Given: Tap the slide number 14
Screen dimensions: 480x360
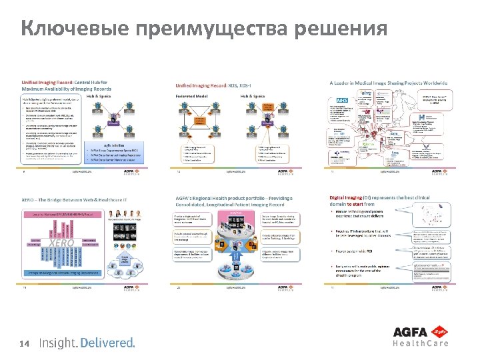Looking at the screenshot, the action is (x=25, y=343).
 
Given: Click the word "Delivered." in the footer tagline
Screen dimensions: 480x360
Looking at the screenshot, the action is (x=108, y=343).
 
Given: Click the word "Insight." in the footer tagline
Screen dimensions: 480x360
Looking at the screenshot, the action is (x=58, y=343).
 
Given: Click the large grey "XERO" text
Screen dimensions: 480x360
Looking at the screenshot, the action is (x=62, y=244).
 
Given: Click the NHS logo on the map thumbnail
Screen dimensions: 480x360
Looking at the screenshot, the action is (x=341, y=99).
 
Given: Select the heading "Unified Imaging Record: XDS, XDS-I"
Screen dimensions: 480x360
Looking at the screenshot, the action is (x=215, y=85).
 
